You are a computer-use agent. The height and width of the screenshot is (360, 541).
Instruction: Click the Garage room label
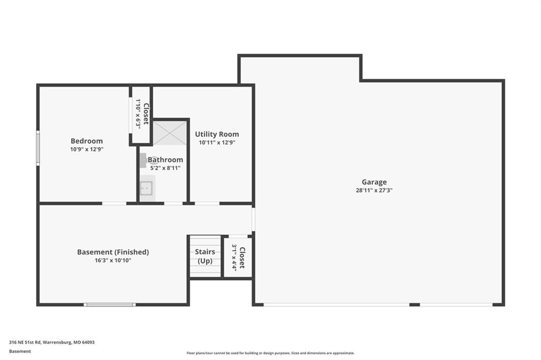pos(374,182)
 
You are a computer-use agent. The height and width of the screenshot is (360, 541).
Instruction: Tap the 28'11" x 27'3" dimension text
pos(374,191)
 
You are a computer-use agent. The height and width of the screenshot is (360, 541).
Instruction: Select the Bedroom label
pos(87,141)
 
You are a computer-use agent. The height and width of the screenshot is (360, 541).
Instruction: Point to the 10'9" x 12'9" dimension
pos(87,149)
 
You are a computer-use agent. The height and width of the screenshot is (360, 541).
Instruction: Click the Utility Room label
pos(217,134)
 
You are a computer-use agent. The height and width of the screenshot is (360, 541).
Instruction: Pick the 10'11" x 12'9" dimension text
pos(217,143)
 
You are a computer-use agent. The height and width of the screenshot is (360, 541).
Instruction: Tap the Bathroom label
pos(165,159)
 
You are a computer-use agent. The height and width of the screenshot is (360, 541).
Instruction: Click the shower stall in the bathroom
pos(170,133)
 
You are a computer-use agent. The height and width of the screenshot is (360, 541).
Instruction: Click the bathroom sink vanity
pos(147,188)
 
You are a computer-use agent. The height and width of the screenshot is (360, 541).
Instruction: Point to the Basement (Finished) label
pos(113,252)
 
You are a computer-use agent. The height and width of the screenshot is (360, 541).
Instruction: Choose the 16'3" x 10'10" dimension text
pos(113,260)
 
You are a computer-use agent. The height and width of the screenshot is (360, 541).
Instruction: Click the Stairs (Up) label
pos(205,256)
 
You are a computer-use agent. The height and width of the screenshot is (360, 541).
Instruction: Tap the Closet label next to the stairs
pos(242,258)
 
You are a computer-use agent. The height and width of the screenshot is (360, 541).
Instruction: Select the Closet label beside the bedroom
pos(146,114)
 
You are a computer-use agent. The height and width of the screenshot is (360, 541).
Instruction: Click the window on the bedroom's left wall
pos(38,148)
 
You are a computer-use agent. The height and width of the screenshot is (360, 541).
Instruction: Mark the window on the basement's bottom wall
pos(110,305)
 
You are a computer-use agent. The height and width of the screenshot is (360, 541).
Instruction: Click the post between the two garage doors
pos(414,305)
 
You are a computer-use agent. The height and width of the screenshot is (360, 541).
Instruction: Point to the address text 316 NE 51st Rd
pos(25,343)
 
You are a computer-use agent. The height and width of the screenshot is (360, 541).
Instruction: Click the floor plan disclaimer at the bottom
pos(270,353)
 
